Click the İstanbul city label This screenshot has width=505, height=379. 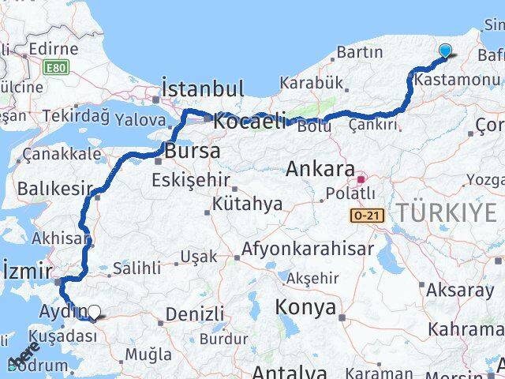202,87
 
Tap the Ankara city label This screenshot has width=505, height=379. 320,168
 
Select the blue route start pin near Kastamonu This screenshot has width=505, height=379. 445,52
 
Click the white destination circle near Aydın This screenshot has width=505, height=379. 95,313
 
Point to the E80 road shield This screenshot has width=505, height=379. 57,68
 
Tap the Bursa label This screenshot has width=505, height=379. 192,150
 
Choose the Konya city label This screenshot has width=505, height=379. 305,307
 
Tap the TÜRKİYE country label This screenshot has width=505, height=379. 447,212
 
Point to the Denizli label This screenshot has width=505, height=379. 194,313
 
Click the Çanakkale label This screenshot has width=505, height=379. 62,154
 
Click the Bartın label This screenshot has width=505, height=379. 359,53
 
